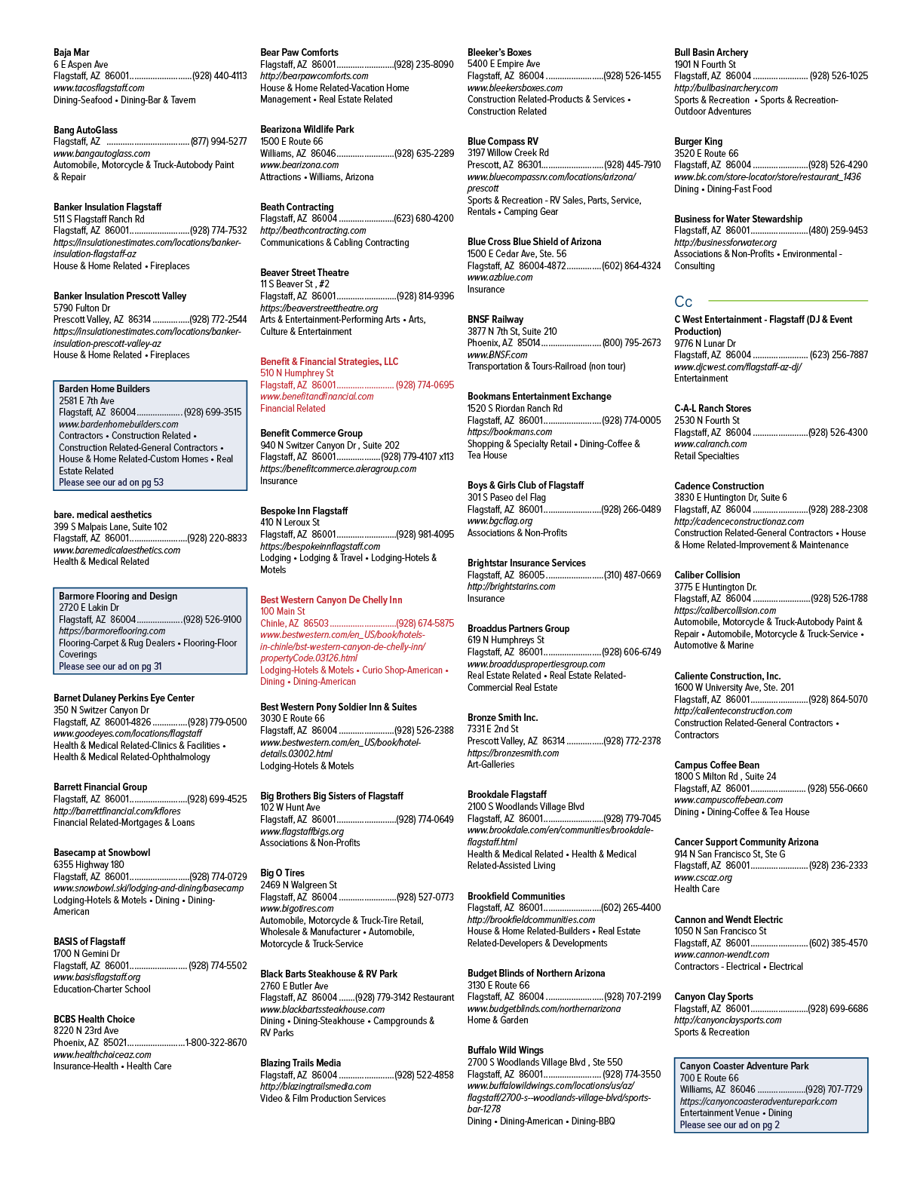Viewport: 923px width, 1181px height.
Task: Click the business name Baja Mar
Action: pos(71,53)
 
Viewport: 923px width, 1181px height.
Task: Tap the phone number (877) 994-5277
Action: pos(219,142)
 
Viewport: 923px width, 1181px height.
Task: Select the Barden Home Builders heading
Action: pos(104,388)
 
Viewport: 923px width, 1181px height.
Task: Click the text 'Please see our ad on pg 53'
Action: pos(111,482)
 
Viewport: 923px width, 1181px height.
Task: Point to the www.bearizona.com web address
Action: pos(299,164)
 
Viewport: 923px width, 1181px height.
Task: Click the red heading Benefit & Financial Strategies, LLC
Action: pos(330,361)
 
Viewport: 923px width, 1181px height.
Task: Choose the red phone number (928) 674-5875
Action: pos(425,624)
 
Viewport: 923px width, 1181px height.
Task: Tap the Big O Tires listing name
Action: pos(282,873)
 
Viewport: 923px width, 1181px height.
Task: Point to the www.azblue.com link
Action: pos(500,278)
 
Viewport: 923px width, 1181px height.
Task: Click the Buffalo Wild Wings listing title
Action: pos(505,1050)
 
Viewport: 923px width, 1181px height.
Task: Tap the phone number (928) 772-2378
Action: pos(633,741)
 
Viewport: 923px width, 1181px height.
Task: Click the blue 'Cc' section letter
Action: pos(683,302)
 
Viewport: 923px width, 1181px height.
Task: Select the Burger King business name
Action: pos(698,141)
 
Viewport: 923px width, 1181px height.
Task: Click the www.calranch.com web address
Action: pos(710,444)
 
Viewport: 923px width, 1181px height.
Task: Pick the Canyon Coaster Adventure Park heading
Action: pos(744,1066)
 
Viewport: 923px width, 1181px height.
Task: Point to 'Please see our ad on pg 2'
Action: pos(730,1125)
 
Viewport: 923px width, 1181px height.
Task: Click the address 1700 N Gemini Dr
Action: pos(87,954)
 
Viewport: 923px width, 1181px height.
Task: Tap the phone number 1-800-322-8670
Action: pos(216,1043)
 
